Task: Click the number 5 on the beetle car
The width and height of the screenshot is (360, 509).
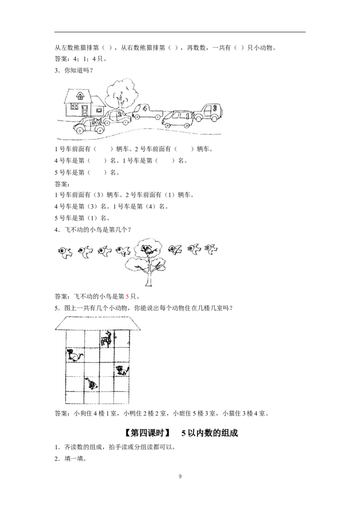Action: pos(93,121)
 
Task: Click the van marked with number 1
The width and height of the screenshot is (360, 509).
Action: pos(178,119)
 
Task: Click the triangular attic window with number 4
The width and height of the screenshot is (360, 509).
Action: pos(80,96)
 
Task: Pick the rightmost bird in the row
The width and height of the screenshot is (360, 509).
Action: pos(211,248)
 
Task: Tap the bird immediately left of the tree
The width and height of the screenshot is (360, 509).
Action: pos(123,250)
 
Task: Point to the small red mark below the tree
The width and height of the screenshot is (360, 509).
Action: pos(128,297)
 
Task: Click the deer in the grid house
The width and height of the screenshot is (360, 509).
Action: pos(107,338)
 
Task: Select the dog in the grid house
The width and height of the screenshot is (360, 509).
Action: pos(74,355)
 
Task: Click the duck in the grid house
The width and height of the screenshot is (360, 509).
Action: pos(91,384)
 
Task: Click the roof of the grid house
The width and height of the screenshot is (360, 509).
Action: pos(99,322)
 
